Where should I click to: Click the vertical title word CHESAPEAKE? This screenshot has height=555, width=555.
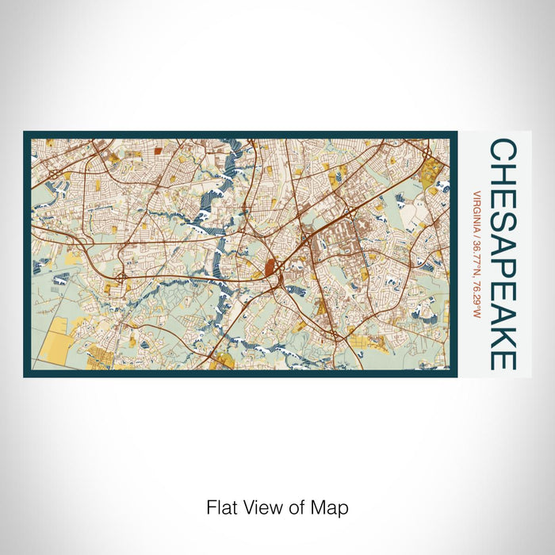[503, 254]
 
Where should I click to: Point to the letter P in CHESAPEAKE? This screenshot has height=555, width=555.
[503, 254]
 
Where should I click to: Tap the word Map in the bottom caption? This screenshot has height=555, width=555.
[332, 507]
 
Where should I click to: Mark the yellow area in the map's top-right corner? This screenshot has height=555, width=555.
[434, 171]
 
